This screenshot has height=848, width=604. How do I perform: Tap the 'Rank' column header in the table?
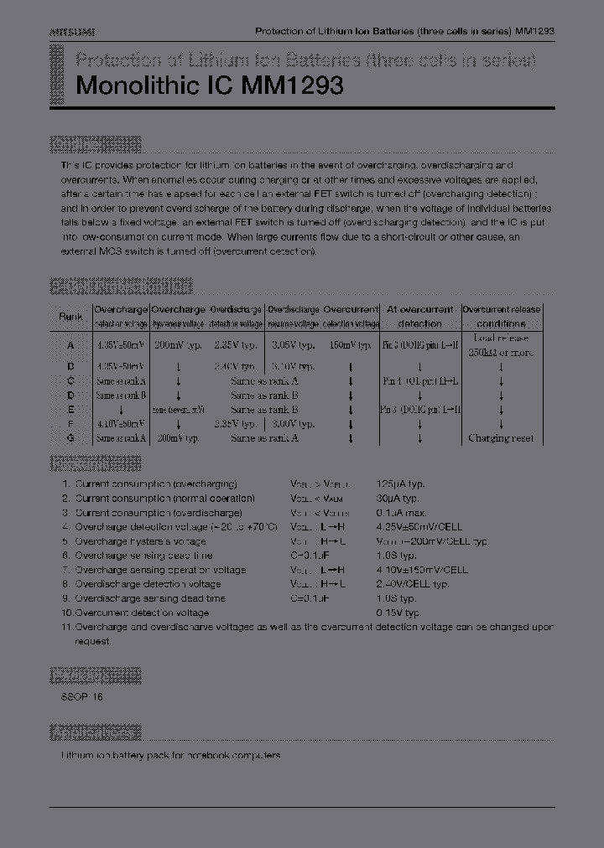click(70, 316)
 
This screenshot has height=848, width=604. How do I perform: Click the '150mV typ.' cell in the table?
click(350, 344)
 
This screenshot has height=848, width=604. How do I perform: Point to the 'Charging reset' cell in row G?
click(501, 438)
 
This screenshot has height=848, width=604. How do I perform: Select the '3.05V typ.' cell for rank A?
click(293, 344)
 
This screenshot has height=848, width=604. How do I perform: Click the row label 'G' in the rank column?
click(70, 438)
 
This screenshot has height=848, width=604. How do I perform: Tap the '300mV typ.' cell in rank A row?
click(179, 344)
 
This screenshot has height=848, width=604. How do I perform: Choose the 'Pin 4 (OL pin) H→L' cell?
click(419, 381)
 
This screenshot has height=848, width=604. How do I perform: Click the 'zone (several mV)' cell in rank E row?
click(179, 410)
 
